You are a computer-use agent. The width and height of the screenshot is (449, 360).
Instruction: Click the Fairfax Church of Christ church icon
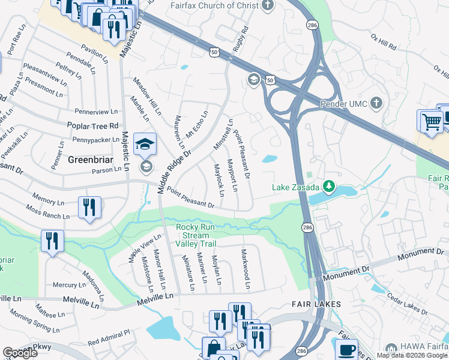(x=268, y=5)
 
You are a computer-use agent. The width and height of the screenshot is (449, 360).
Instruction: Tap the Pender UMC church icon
(x=376, y=103)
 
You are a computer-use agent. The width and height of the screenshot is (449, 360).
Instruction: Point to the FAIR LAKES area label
(x=316, y=304)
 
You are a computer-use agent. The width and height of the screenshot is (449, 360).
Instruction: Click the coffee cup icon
(x=346, y=349)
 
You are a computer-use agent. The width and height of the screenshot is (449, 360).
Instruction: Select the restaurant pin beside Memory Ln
(x=89, y=208)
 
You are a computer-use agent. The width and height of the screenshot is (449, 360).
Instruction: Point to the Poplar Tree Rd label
(x=97, y=126)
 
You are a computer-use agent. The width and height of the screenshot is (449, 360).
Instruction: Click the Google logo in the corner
(x=20, y=353)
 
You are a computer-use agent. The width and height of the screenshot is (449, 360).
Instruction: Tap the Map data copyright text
(x=412, y=355)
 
